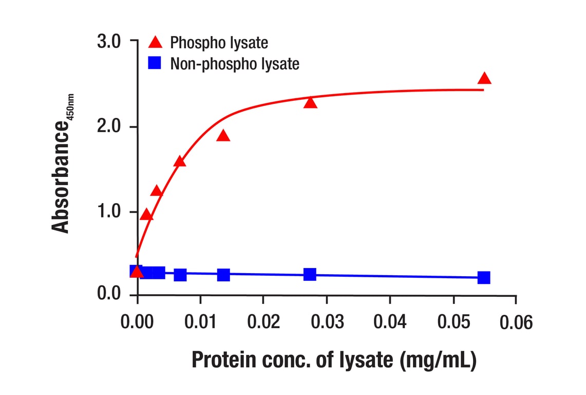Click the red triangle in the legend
[155, 42]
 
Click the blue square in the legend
[155, 64]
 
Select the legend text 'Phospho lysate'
[219, 42]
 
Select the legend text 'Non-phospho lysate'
[235, 64]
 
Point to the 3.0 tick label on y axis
[108, 42]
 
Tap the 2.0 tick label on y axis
[108, 127]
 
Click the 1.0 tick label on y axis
[108, 212]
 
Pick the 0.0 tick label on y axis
[108, 295]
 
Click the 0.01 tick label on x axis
[200, 322]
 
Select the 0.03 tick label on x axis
[327, 322]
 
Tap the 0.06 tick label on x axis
[516, 322]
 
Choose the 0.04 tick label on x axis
[390, 322]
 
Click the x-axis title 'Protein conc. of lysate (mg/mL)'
[334, 360]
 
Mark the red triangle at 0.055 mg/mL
[484, 79]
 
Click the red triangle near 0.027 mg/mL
[310, 102]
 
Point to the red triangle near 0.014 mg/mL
[223, 136]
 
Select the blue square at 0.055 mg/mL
[484, 278]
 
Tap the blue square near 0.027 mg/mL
[310, 275]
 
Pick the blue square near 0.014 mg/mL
[223, 275]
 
